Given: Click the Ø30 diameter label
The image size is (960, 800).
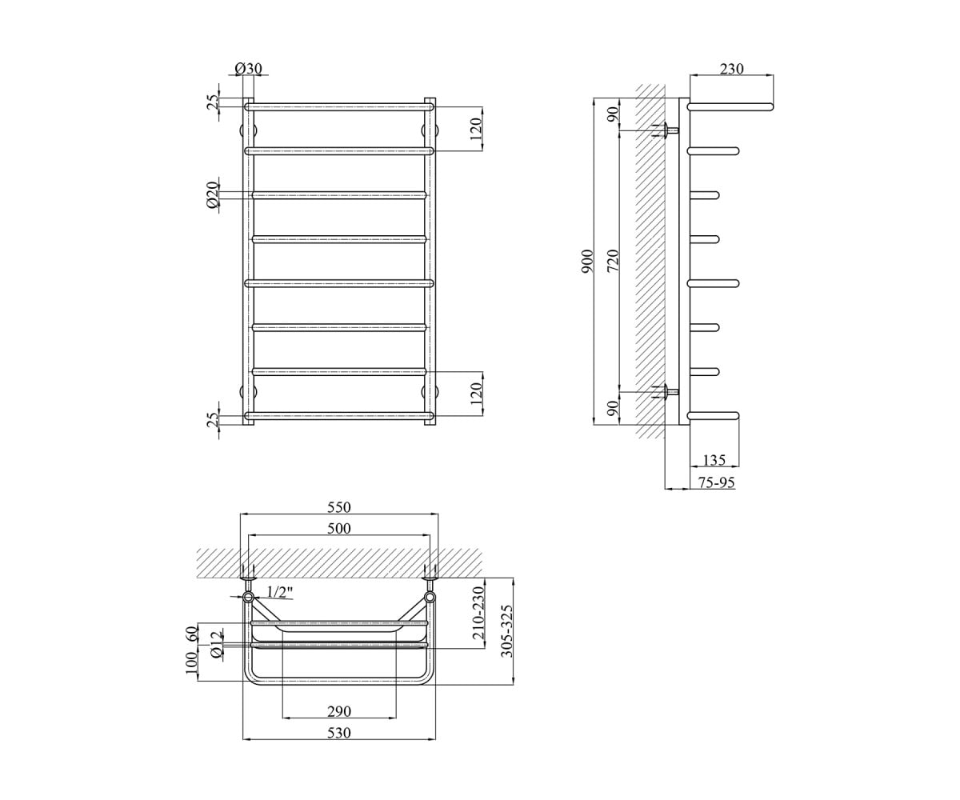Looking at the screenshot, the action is [248, 69].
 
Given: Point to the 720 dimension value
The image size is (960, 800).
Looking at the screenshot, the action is [614, 260].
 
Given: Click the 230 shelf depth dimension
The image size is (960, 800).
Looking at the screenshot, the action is [731, 69].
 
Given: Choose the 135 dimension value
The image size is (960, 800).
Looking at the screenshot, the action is [715, 460].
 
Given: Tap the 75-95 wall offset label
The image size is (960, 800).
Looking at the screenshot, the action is [717, 482].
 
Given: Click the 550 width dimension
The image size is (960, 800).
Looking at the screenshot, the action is [339, 507].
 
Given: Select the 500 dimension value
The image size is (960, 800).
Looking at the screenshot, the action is [339, 529].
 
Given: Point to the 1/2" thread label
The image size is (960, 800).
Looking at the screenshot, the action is [280, 592].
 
